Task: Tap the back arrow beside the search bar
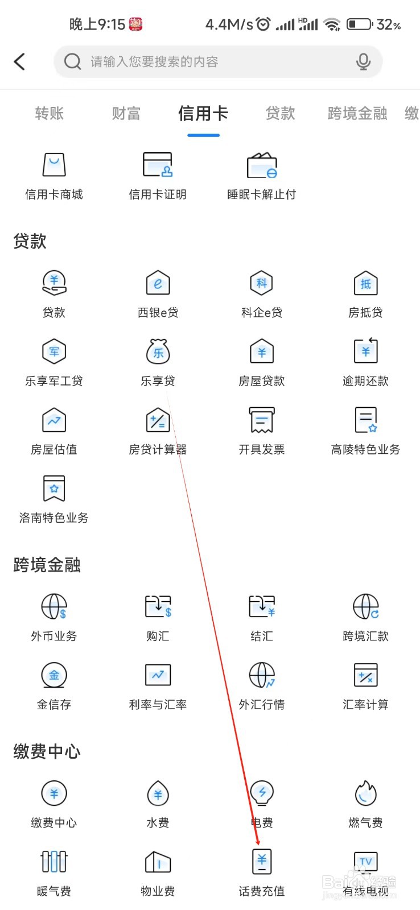point(20,61)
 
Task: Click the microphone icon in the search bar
point(363,61)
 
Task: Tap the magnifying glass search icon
point(72,61)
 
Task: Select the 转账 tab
point(49,114)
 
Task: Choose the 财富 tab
point(126,114)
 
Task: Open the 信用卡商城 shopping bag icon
point(54,165)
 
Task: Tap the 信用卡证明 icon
point(158,165)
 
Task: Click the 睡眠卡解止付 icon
point(262,165)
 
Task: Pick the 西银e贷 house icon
point(158,283)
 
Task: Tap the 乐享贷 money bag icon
point(158,351)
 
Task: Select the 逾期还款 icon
point(365,351)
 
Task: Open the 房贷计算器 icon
point(158,420)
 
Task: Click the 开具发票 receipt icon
point(262,420)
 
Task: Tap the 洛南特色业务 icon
point(54,489)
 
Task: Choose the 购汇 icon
point(158,607)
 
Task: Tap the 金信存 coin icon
point(54,675)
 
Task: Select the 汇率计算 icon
point(365,675)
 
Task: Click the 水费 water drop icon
point(158,793)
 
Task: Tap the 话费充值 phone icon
point(262,862)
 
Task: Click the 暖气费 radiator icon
point(54,862)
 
